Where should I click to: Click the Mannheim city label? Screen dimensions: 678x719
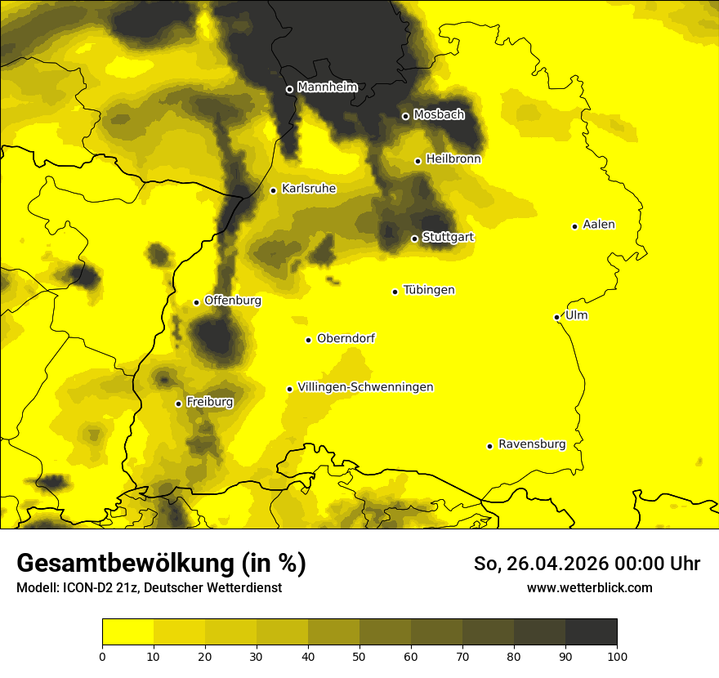click(328, 87)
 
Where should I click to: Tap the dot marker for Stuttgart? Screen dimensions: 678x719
click(414, 239)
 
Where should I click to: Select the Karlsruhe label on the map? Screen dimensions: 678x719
click(308, 189)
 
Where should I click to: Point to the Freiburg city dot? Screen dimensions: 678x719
click(178, 404)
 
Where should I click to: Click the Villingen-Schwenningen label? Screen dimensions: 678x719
click(365, 387)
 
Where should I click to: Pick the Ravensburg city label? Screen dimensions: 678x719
click(531, 444)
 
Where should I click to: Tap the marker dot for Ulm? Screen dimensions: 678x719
click(556, 317)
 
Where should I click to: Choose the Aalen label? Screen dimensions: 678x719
click(599, 225)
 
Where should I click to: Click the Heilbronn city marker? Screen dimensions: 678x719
click(418, 161)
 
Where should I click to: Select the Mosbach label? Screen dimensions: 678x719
click(438, 115)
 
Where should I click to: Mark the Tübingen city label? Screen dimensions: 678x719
click(428, 290)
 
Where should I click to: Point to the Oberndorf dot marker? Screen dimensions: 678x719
click(308, 340)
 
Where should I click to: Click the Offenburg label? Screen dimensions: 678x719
click(233, 301)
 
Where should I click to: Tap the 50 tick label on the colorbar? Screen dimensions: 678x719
click(359, 656)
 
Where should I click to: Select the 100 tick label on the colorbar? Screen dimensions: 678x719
click(617, 656)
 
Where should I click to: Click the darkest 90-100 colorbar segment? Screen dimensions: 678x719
click(591, 632)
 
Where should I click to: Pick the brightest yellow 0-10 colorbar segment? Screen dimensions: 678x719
click(127, 632)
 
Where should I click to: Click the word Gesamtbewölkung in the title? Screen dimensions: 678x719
click(123, 564)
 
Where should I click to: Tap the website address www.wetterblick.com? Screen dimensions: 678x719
click(589, 587)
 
